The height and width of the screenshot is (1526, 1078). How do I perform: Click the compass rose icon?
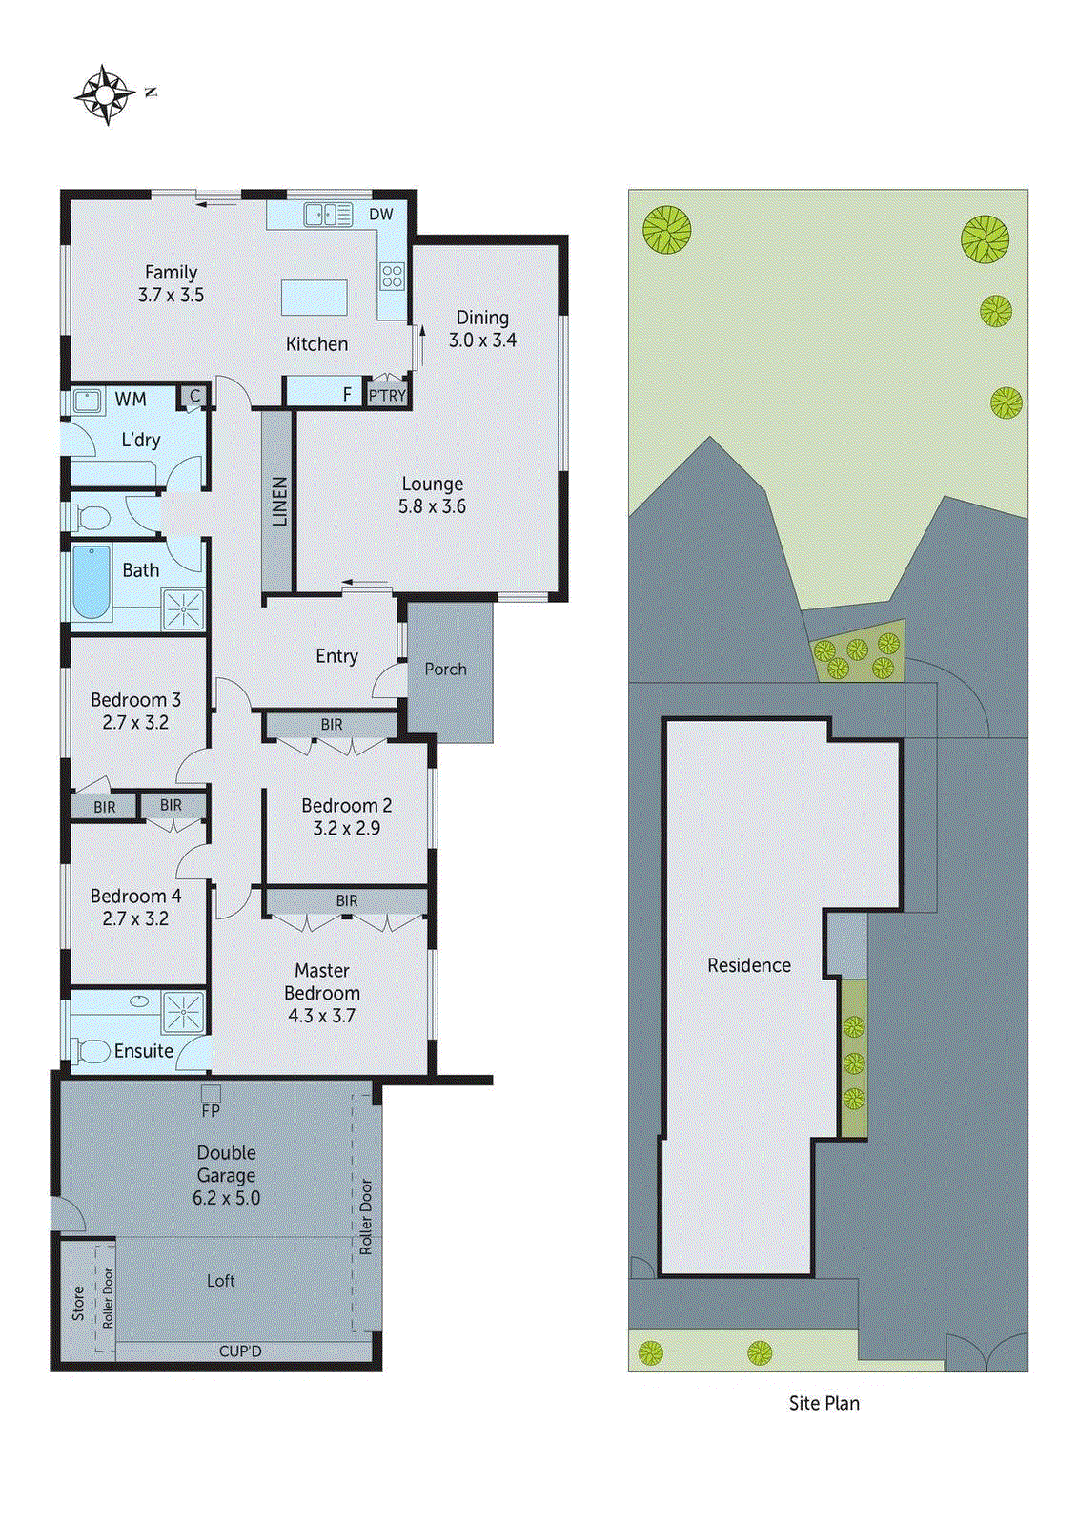[x=105, y=94]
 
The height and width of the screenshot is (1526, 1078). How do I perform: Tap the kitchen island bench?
[x=314, y=298]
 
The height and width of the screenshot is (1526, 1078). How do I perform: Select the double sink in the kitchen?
[x=328, y=215]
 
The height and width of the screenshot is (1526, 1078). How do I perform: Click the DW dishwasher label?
[x=381, y=215]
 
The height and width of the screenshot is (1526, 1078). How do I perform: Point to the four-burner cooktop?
[x=392, y=277]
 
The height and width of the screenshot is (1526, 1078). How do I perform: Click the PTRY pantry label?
[x=387, y=395]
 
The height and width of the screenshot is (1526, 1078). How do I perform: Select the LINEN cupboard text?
[x=279, y=502]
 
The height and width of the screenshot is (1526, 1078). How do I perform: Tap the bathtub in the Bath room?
[x=91, y=581]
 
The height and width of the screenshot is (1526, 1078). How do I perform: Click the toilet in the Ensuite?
[x=92, y=1051]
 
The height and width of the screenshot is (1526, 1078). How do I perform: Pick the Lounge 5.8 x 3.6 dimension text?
[x=432, y=506]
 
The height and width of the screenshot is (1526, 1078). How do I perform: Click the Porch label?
[x=445, y=670]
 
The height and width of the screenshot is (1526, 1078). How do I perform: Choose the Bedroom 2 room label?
[x=346, y=806]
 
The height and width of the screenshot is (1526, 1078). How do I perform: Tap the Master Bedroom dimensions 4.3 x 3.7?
[x=321, y=1016]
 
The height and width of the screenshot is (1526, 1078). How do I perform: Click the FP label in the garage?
[x=211, y=1111]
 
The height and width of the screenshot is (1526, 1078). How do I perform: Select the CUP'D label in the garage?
[x=239, y=1351]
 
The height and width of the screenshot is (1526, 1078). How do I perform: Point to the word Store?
[x=79, y=1303]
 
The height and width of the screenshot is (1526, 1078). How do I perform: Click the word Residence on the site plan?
[x=748, y=965]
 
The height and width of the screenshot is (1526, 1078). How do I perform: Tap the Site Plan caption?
[x=824, y=1403]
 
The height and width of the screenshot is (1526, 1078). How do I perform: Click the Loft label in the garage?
[x=220, y=1281]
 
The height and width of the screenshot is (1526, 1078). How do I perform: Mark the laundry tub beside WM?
[x=88, y=401]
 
